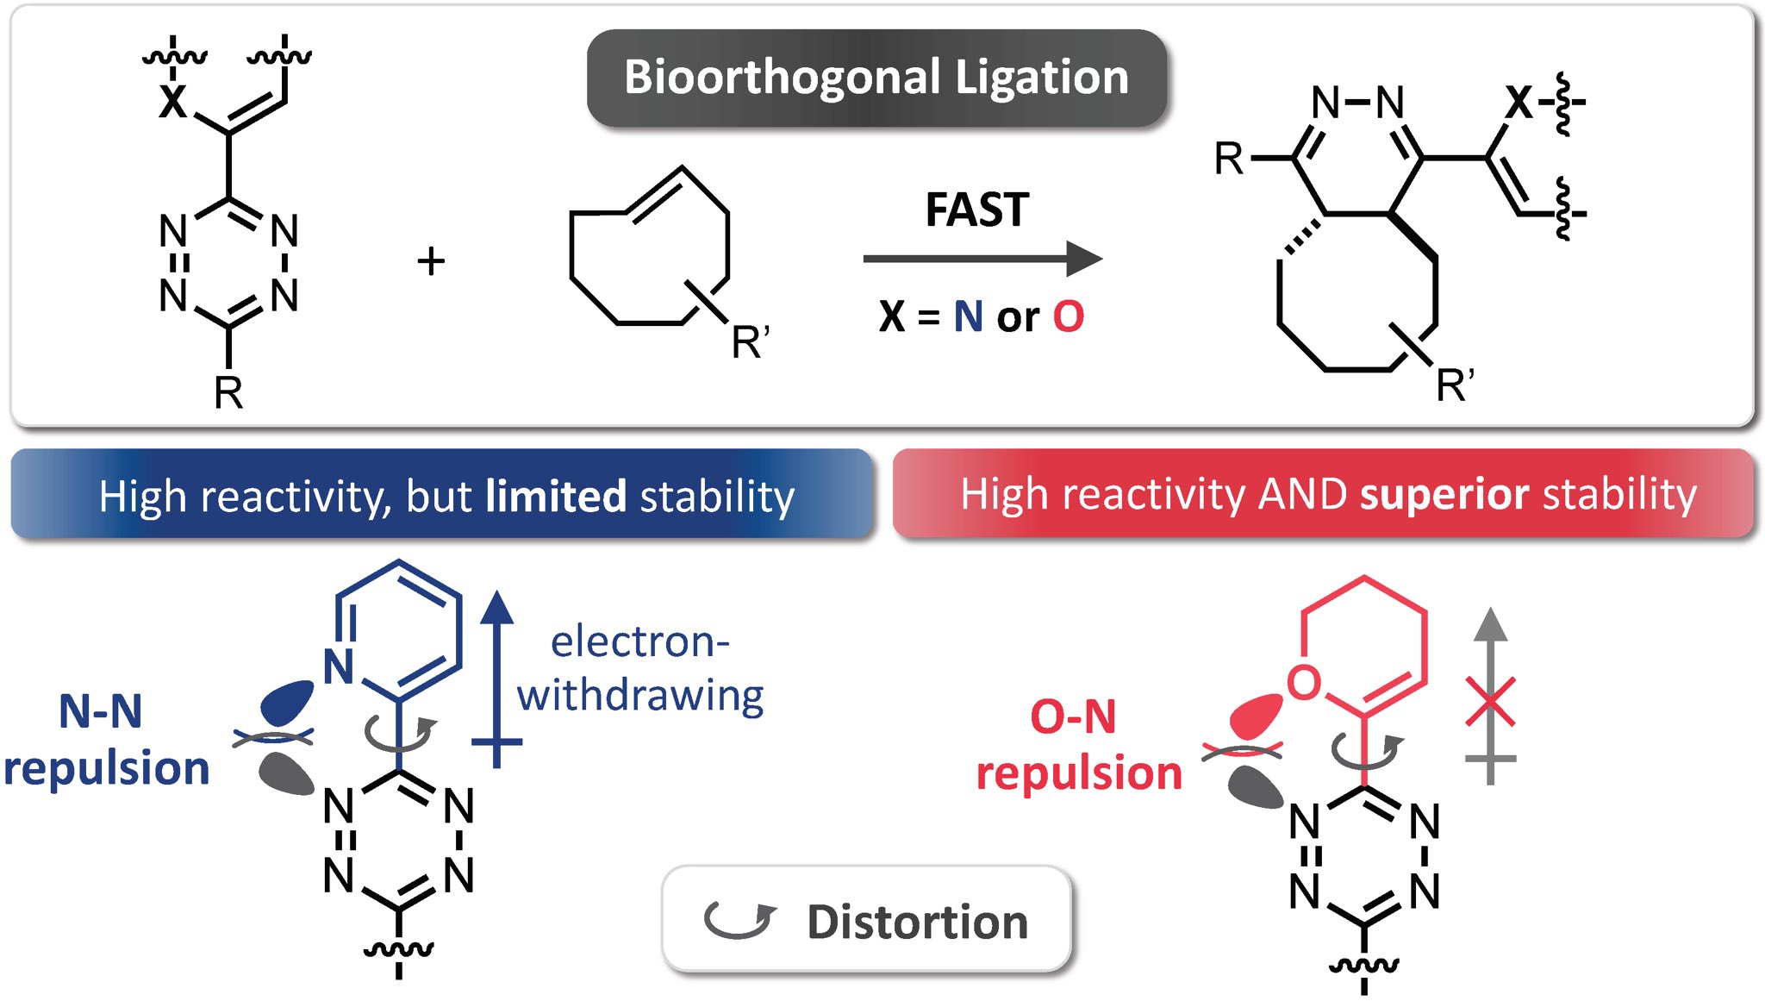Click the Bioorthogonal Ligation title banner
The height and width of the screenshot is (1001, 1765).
(876, 78)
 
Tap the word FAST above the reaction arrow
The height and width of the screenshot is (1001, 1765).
(977, 210)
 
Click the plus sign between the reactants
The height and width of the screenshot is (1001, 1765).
(431, 260)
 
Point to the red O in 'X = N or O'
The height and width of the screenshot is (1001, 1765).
(1068, 316)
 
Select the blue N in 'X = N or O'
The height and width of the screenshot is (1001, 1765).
(968, 316)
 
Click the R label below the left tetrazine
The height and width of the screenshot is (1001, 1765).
(228, 393)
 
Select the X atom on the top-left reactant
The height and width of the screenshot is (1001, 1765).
(172, 103)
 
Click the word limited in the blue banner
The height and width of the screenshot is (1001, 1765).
(556, 497)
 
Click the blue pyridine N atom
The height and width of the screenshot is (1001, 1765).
(339, 666)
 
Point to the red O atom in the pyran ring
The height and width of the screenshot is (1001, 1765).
(1303, 681)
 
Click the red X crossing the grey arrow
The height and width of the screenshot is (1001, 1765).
(1490, 702)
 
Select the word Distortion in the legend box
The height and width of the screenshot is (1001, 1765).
(917, 922)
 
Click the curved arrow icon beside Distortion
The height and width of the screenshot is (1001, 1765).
(739, 919)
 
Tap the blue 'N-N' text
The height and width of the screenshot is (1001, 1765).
(100, 712)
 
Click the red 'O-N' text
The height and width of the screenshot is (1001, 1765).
(1073, 716)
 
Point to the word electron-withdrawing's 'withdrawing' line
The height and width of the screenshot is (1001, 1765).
(640, 695)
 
